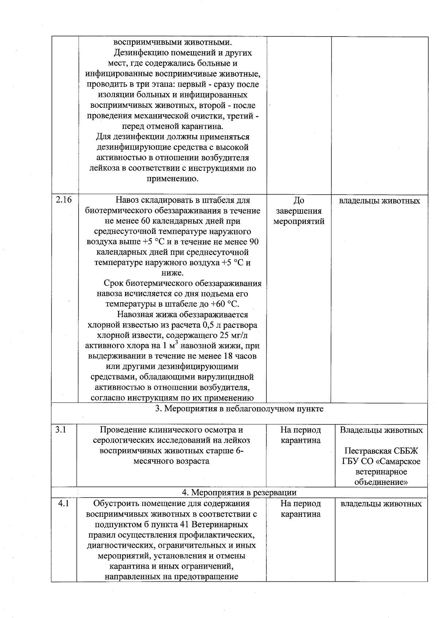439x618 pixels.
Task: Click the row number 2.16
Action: tap(63, 201)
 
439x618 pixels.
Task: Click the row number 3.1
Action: tap(60, 430)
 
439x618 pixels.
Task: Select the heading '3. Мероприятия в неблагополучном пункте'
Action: tap(239, 409)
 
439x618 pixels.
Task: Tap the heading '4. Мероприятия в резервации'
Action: tap(239, 492)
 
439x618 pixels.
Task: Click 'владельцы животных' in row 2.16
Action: tap(379, 201)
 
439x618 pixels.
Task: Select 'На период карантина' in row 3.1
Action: tap(300, 435)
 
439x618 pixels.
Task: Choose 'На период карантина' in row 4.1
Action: tap(300, 509)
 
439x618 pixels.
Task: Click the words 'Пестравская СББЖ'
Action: tap(381, 451)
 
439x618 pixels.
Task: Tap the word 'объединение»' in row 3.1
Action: tap(381, 482)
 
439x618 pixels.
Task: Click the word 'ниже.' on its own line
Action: tap(172, 273)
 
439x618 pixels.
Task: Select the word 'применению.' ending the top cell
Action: tap(172, 179)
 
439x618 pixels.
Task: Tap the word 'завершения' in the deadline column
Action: tap(299, 211)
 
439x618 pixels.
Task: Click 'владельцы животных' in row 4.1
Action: tap(381, 504)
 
